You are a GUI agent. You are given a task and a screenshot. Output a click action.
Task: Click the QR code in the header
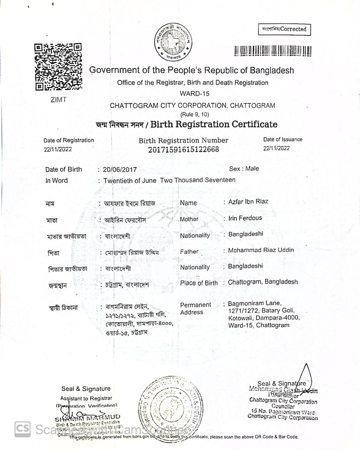[58, 67]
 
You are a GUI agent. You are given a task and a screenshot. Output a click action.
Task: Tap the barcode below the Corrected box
[273, 51]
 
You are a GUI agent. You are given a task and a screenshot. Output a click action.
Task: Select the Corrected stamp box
[284, 29]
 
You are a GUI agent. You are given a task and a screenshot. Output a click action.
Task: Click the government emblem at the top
[174, 42]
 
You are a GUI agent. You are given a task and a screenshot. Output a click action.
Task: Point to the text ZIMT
[58, 99]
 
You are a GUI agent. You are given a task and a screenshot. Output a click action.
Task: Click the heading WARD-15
[194, 94]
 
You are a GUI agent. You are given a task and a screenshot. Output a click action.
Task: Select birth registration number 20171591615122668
[183, 149]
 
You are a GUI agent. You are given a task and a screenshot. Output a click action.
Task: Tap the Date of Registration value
[58, 149]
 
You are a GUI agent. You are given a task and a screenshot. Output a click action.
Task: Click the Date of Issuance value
[276, 148]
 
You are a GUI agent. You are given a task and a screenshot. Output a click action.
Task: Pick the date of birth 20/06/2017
[120, 170]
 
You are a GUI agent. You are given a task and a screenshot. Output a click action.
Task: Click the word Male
[252, 169]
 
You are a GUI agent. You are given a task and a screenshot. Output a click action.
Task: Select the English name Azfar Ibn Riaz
[248, 201]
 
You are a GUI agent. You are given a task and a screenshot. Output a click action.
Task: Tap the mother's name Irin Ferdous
[245, 218]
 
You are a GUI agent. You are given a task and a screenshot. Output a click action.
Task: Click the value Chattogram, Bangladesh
[263, 282]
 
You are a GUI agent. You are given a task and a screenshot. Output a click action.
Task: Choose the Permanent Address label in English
[195, 308]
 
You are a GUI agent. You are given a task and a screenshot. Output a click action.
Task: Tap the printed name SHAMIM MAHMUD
[88, 418]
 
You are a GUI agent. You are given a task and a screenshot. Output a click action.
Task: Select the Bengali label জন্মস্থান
[58, 285]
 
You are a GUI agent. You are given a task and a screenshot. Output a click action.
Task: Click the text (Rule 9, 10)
[194, 114]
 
